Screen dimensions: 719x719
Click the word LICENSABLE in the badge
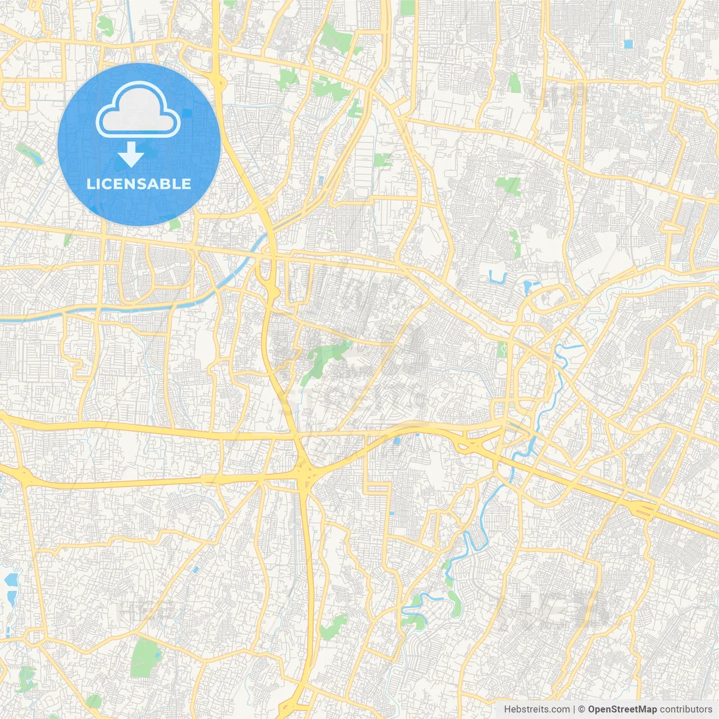[x=139, y=184]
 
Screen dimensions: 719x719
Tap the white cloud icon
[x=138, y=110]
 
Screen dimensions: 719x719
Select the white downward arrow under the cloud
[x=131, y=154]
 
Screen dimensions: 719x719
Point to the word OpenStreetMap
[x=622, y=709]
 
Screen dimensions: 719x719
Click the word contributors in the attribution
[x=686, y=709]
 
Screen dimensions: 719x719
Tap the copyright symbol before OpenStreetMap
[x=582, y=709]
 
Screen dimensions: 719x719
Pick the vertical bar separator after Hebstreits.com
[x=574, y=709]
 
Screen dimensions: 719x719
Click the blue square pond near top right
[x=627, y=44]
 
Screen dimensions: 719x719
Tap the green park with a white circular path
[x=502, y=349]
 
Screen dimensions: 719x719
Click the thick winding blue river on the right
[x=536, y=427]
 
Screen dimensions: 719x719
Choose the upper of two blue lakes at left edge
[x=10, y=579]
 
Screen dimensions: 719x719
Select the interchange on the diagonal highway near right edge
[x=643, y=509]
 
